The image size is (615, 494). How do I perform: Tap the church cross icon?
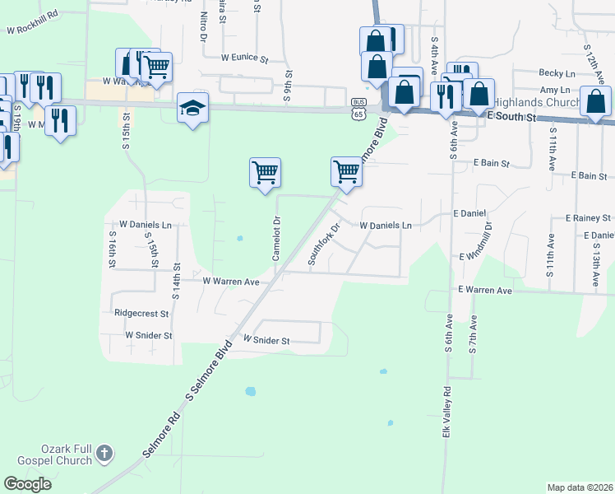click(x=104, y=452)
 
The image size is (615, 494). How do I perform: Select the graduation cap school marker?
click(x=193, y=109)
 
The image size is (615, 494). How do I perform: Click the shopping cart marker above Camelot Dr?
click(x=265, y=174)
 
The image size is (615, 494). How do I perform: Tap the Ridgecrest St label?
click(x=141, y=314)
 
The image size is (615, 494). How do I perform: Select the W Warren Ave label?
click(x=231, y=281)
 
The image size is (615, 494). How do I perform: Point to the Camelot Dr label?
click(x=277, y=238)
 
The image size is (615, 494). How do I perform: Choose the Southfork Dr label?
click(x=323, y=245)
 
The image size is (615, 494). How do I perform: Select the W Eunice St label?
click(x=245, y=59)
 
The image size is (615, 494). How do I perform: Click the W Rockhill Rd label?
click(x=32, y=21)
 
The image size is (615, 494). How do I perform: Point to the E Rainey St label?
click(x=588, y=218)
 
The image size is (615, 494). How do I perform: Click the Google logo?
click(x=28, y=483)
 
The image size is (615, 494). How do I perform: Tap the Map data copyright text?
click(x=580, y=487)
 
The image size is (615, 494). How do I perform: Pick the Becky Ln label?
click(x=557, y=73)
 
